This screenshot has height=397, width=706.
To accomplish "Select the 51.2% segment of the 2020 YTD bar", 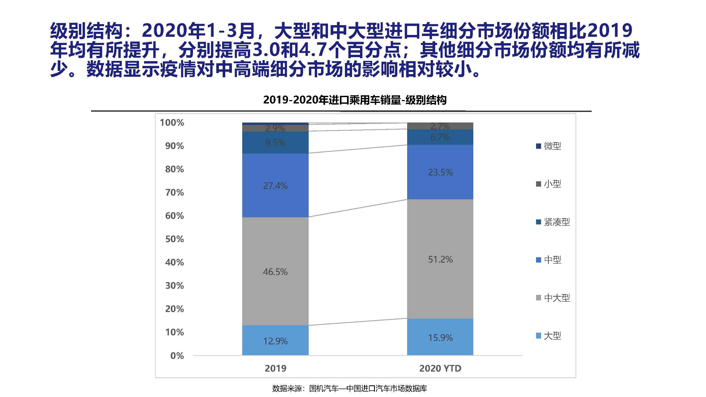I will (440, 259).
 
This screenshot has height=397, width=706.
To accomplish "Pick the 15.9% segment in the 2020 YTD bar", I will (440, 337).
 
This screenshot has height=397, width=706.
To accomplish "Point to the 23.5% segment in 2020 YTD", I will (440, 172).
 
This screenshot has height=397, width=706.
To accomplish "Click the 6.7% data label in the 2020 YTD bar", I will (440, 137).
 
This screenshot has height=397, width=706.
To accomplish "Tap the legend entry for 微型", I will (549, 146).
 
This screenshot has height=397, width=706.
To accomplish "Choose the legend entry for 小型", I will (549, 184).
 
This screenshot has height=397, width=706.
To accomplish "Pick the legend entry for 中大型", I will (553, 297).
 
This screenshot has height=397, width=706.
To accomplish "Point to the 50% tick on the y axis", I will (175, 239).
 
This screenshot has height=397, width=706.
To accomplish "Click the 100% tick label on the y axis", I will (172, 123).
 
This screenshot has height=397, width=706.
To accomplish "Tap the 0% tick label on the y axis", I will (177, 356).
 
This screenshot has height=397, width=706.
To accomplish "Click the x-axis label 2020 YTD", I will (440, 368).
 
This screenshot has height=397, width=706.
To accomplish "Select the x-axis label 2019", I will (276, 368).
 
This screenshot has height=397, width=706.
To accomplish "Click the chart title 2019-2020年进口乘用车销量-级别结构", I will (355, 100).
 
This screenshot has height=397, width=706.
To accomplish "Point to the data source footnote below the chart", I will (349, 388).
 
